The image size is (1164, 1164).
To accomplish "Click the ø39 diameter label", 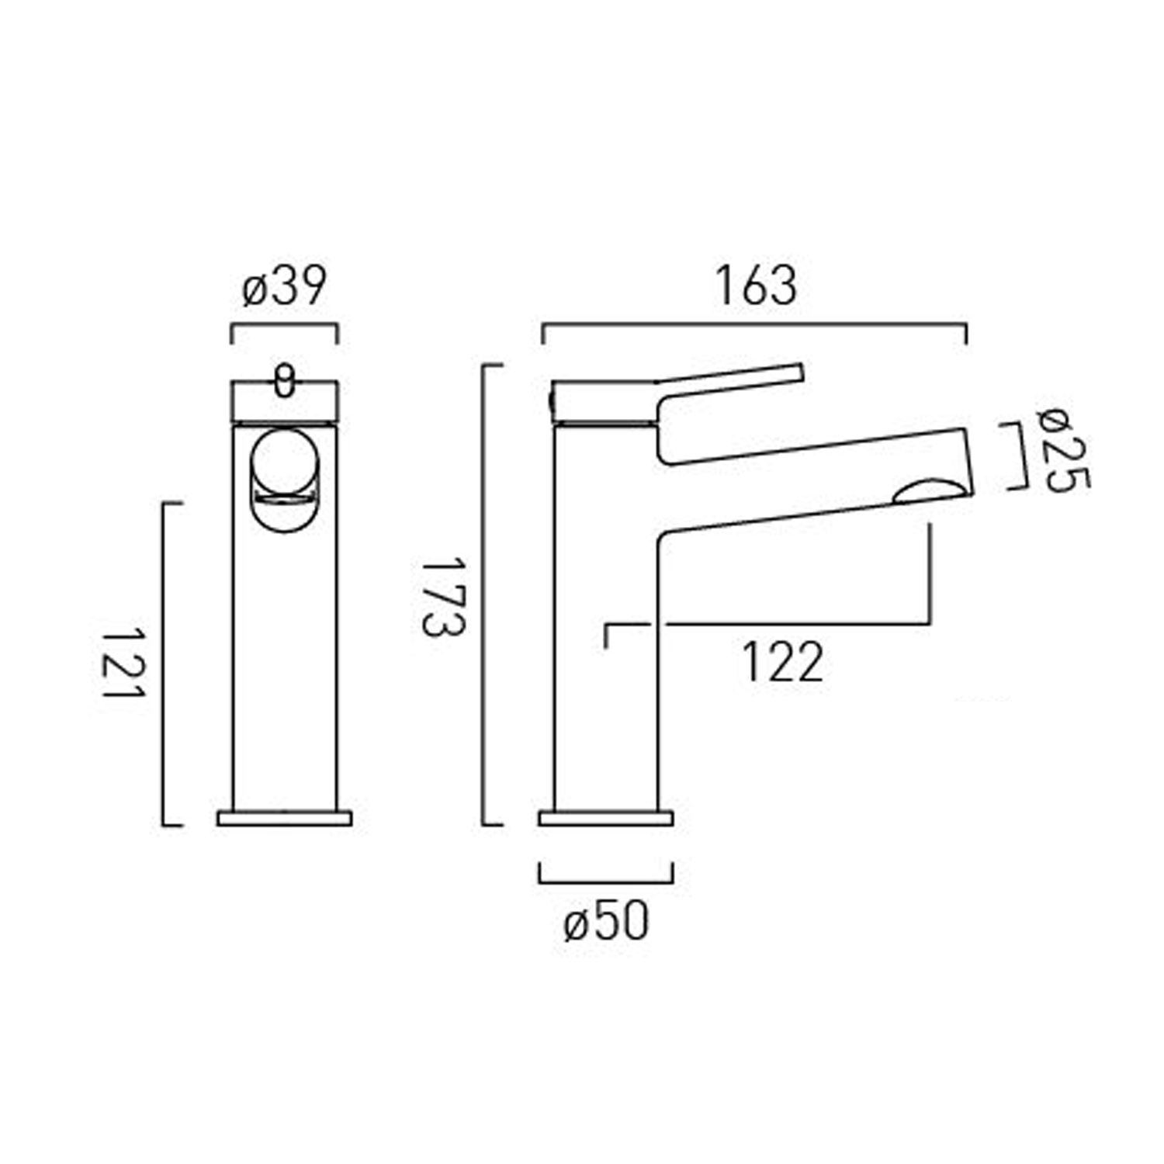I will tap(284, 287).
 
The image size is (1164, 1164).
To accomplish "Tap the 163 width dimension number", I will tap(755, 286).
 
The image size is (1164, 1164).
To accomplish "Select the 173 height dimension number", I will tap(443, 595).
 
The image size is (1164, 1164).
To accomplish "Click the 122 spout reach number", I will tap(782, 663).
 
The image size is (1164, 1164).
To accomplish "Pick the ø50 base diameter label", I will tap(606, 923).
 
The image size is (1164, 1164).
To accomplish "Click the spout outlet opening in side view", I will tap(930, 493).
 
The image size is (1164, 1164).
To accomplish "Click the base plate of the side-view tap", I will tap(606, 818).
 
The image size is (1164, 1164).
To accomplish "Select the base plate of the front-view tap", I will tap(285, 818).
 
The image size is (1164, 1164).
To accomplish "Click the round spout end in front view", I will tap(285, 466).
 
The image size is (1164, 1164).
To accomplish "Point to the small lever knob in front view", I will tap(285, 380).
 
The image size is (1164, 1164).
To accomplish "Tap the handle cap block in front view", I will tap(285, 401).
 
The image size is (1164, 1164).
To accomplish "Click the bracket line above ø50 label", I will tap(606, 882).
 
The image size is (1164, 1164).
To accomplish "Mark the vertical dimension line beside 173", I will tap(484, 595).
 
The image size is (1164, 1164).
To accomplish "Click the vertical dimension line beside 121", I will tap(164, 664).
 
